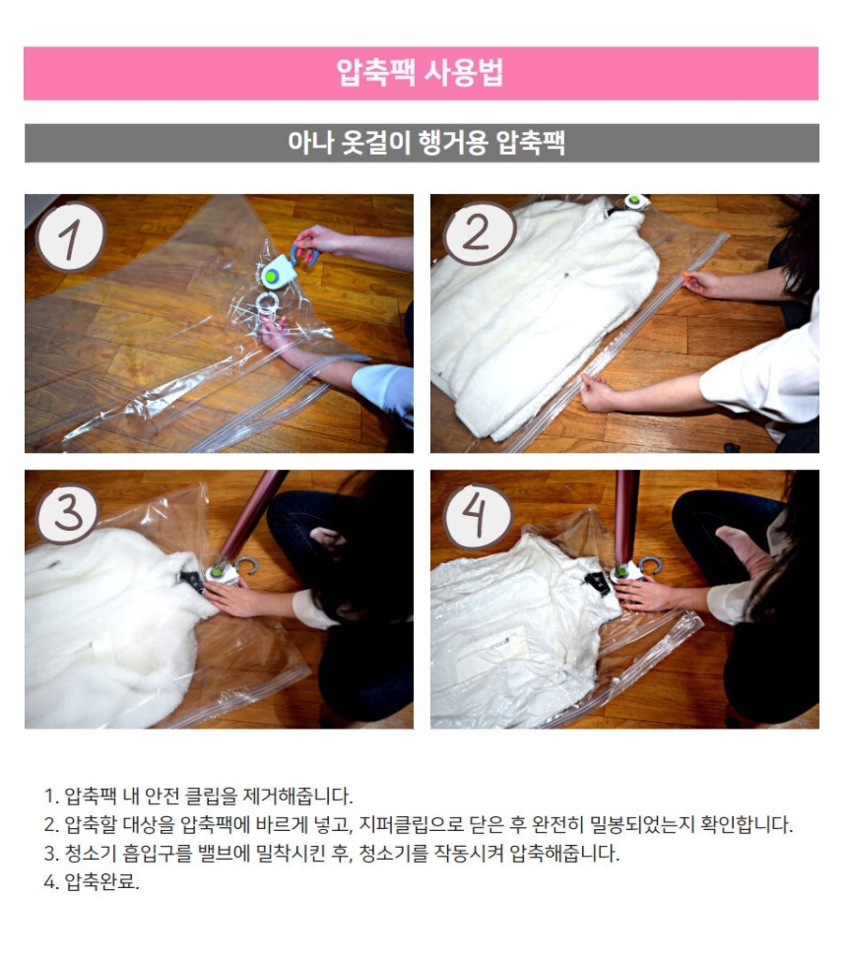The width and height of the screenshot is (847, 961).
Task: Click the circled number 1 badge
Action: (71, 237)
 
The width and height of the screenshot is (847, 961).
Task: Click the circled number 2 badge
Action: (480, 233)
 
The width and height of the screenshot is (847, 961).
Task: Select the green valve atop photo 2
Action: (635, 201)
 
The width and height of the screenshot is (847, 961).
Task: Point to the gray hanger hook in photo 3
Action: (244, 566)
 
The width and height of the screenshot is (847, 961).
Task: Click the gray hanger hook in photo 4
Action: (651, 565)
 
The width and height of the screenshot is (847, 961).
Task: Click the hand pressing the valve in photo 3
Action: (232, 598)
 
